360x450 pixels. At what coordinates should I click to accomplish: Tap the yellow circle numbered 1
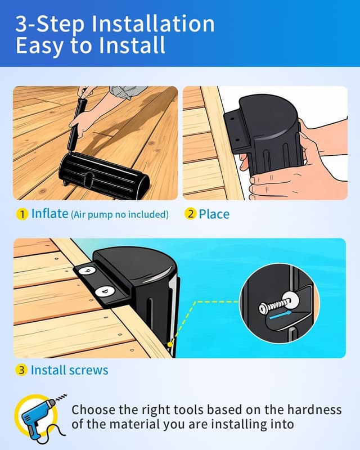point(22,214)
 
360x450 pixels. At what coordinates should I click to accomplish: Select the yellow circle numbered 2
point(190,214)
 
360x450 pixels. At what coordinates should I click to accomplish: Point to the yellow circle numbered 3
point(21,370)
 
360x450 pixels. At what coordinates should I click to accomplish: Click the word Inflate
point(49,214)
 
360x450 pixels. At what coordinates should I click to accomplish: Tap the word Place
point(214,214)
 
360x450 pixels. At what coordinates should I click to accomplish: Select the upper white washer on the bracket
point(87,270)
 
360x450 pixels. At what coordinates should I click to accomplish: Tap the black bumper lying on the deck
point(103,175)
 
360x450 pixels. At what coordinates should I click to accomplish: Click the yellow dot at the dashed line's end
point(170,343)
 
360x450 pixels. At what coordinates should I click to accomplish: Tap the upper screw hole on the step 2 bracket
point(232,118)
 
